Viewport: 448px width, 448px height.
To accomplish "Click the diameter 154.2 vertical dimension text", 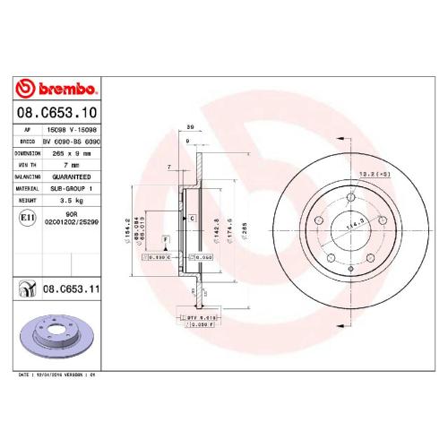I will click(x=129, y=218).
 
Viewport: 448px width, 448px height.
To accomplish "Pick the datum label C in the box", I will click(x=192, y=219).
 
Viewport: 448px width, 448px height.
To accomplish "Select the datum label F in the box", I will click(x=164, y=239).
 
